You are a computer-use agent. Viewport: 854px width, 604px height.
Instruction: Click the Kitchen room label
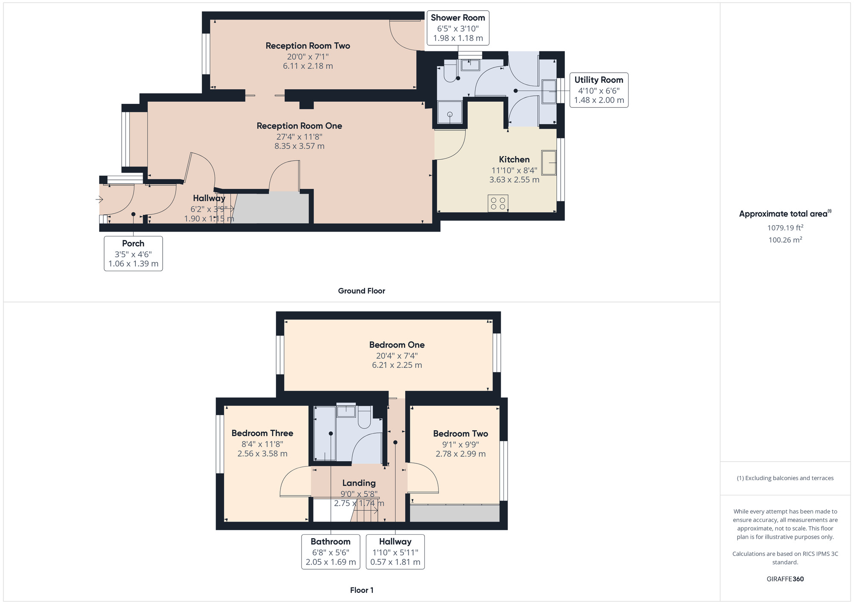514,159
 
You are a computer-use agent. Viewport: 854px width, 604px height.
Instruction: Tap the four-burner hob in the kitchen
498,203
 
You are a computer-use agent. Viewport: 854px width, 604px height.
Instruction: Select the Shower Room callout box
458,28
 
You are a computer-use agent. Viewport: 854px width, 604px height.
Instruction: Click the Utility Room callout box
599,90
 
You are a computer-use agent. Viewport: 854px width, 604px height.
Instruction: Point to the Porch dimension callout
133,253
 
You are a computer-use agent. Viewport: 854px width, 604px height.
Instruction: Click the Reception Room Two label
307,46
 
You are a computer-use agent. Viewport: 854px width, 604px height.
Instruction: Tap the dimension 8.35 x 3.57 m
299,146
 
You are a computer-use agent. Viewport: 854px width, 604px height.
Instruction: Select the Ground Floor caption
361,291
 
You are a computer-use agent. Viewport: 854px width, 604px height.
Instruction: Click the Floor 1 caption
361,590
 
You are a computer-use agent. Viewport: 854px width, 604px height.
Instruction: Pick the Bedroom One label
397,345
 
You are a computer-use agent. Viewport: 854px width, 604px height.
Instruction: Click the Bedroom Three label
262,433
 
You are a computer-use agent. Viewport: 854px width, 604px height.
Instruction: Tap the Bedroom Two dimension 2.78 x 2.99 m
460,454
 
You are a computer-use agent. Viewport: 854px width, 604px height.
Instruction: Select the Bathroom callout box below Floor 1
330,551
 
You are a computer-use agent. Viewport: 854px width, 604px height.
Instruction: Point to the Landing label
359,483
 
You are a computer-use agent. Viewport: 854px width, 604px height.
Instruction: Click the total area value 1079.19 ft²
785,228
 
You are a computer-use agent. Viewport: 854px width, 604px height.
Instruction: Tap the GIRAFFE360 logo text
785,579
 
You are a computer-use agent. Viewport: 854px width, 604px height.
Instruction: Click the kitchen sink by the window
549,162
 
